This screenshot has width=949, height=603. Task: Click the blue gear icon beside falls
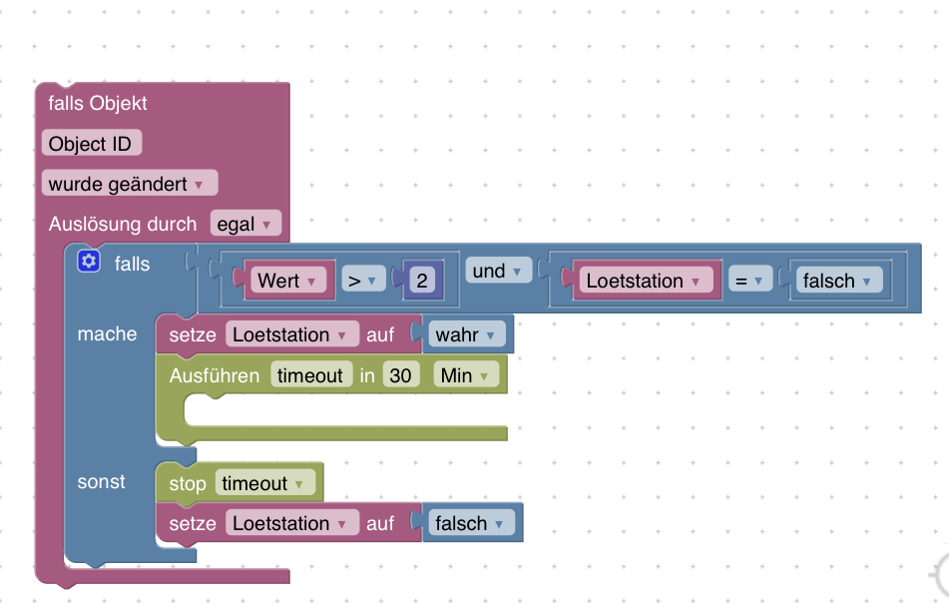pyautogui.click(x=90, y=262)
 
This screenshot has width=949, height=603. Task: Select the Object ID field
pyautogui.click(x=91, y=144)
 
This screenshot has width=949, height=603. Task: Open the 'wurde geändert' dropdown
pyautogui.click(x=129, y=184)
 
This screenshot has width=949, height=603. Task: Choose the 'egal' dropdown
pyautogui.click(x=244, y=225)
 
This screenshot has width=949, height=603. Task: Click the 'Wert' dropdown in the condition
pyautogui.click(x=286, y=281)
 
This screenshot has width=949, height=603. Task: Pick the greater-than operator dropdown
pyautogui.click(x=363, y=281)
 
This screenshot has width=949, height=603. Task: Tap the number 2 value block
pyautogui.click(x=422, y=281)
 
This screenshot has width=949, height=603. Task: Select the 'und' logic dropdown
pyautogui.click(x=498, y=271)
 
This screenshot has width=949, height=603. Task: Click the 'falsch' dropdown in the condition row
pyautogui.click(x=839, y=281)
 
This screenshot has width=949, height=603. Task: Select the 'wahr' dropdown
pyautogui.click(x=466, y=335)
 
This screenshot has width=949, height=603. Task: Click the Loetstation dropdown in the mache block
pyautogui.click(x=292, y=335)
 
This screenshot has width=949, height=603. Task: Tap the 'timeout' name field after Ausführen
pyautogui.click(x=310, y=375)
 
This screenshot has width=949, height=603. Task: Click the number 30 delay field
pyautogui.click(x=400, y=375)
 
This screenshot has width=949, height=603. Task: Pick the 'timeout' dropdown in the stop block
pyautogui.click(x=264, y=484)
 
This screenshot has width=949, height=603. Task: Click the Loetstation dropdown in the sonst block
pyautogui.click(x=292, y=523)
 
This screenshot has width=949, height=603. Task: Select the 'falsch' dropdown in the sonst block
pyautogui.click(x=471, y=523)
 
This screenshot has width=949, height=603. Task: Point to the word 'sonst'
pyautogui.click(x=102, y=482)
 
